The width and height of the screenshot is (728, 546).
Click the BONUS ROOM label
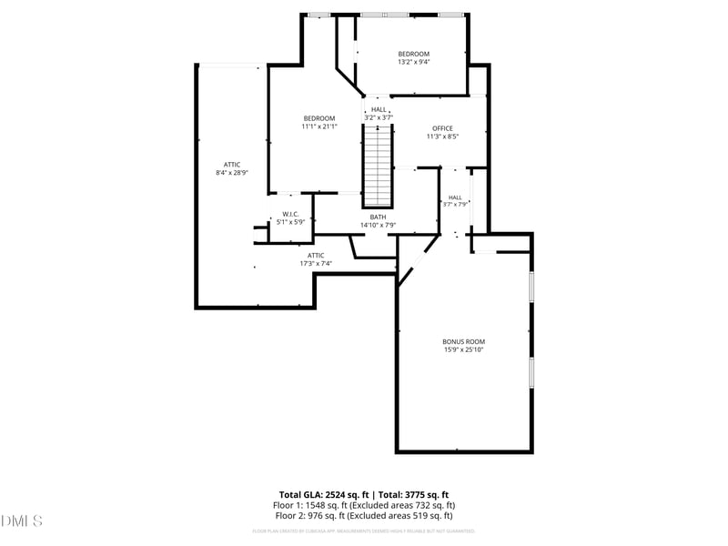tap(463, 341)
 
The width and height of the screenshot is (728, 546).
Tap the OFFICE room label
tap(442, 128)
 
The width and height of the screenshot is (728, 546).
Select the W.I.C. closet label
tap(289, 214)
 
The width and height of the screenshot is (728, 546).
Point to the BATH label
tap(378, 217)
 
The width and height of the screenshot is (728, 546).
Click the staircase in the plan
tap(378, 166)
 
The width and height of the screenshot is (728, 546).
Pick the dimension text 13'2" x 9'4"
tap(413, 62)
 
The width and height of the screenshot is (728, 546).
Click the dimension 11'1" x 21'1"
tap(318, 126)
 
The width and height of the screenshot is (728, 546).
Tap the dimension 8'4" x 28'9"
tap(232, 172)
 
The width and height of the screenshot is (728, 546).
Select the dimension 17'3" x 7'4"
tap(316, 264)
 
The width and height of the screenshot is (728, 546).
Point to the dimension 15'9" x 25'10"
tap(463, 349)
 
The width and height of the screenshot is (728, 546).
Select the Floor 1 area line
tap(364, 505)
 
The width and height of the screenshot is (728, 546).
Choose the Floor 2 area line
tap(364, 515)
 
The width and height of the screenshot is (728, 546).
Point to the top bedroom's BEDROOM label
tap(413, 54)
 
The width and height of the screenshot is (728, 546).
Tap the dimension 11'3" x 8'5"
tap(442, 136)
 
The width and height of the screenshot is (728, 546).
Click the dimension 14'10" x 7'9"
tap(378, 225)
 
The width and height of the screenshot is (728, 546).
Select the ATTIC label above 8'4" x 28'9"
tap(232, 164)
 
